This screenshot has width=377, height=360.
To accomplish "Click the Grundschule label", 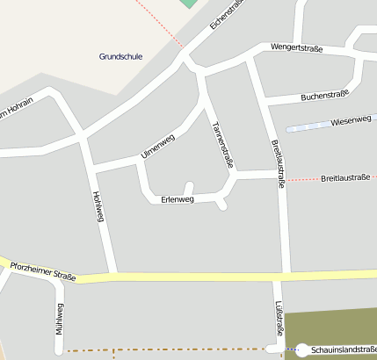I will pyautogui.click(x=120, y=56).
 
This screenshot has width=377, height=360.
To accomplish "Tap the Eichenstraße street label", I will pyautogui.click(x=226, y=14).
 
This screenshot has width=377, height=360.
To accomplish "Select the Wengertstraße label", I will pyautogui.click(x=295, y=47).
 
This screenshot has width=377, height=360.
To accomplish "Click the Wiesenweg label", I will pyautogui.click(x=352, y=120).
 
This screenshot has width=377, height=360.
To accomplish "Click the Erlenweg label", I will pyautogui.click(x=178, y=199).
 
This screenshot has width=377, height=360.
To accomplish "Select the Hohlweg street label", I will pyautogui.click(x=98, y=207).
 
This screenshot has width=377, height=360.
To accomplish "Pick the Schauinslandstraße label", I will pyautogui.click(x=343, y=349).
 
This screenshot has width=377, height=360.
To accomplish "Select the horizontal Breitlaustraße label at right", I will pyautogui.click(x=344, y=177).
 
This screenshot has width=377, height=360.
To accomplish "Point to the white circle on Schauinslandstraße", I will pyautogui.click(x=301, y=350).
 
